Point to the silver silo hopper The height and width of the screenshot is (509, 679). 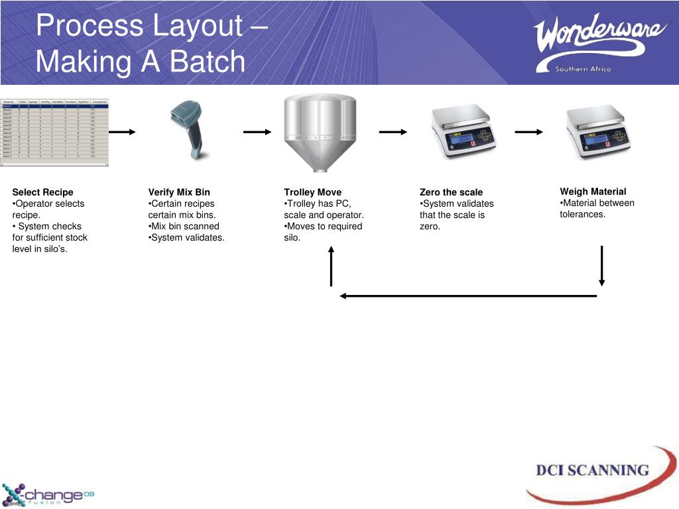320,133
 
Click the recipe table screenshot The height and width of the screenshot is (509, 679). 54,132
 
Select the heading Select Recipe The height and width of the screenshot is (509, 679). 43,192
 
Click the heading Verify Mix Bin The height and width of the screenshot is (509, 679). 179,192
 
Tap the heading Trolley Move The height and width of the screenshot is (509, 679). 313,192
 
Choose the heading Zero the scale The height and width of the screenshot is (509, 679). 452,192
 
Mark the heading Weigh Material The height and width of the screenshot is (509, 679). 593,192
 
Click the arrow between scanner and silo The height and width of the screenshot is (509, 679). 257,132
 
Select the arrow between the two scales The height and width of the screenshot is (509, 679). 528,132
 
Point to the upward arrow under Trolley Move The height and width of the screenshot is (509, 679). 331,266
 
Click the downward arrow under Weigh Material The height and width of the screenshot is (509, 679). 601,266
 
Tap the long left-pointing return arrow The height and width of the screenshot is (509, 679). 467,296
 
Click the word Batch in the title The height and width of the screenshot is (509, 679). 207,62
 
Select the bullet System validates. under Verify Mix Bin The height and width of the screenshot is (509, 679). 188,237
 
